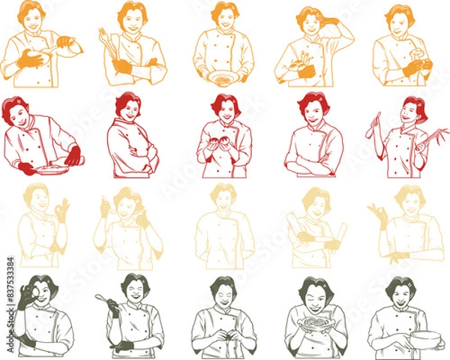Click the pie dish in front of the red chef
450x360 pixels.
[x=51, y=169]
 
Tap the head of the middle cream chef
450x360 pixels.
[x=223, y=197]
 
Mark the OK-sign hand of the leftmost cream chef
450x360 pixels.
[x=61, y=207]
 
